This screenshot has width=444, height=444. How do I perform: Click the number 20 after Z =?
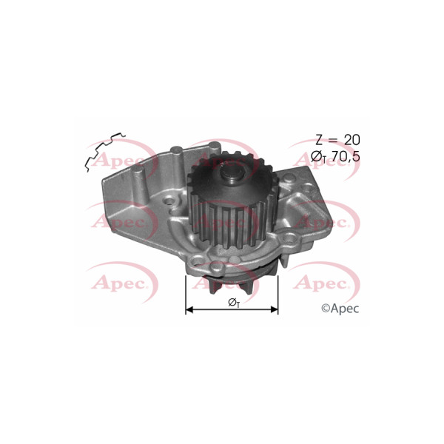(x=352, y=140)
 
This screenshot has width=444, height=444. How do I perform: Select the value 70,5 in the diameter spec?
(x=346, y=156)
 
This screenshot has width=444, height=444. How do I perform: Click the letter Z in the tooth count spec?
(x=320, y=140)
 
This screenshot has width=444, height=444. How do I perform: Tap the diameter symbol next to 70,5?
(x=318, y=157)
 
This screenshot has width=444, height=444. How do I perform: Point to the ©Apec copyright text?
(x=340, y=309)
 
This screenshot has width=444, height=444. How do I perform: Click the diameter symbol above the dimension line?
(x=234, y=303)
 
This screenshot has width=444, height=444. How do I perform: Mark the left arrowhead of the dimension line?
(x=189, y=309)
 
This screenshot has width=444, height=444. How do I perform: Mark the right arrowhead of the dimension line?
(x=275, y=309)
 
